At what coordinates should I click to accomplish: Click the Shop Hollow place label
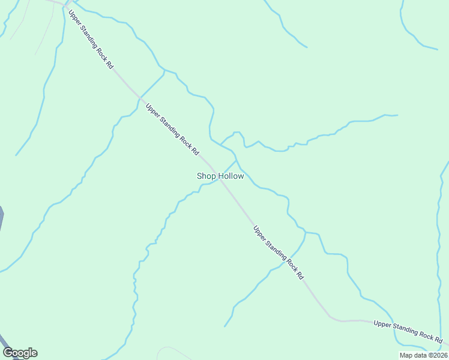pos(220,176)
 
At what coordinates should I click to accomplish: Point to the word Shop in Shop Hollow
pos(205,176)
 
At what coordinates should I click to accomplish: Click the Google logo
pos(20,353)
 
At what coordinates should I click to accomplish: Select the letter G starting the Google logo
pos(8,353)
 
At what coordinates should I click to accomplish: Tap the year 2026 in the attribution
pos(439,355)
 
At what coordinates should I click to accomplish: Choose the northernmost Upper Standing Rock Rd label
pos(91,40)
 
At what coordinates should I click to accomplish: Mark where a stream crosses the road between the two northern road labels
pos(140,97)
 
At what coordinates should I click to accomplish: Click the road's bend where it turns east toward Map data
pos(331,318)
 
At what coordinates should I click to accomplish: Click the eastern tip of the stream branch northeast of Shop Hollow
pos(397,115)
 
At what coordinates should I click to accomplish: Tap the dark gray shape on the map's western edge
pos(1,216)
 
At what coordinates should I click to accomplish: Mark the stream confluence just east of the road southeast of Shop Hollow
pos(305,232)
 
